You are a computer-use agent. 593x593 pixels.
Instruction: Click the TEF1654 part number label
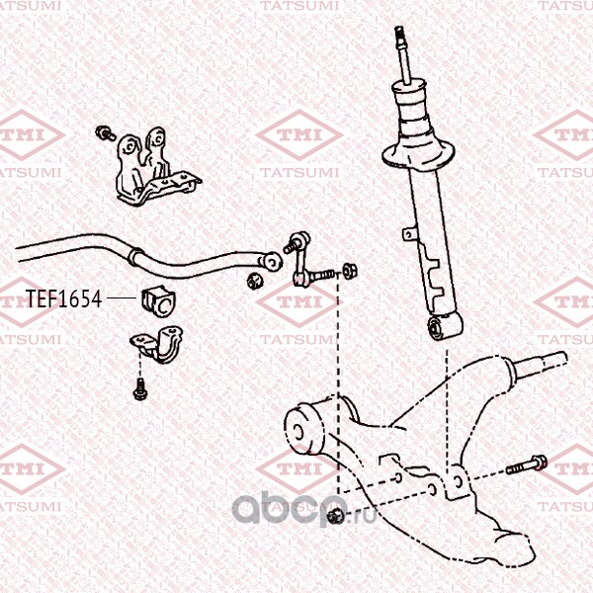click(x=63, y=299)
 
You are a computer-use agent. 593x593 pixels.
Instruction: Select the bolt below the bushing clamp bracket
click(x=140, y=388)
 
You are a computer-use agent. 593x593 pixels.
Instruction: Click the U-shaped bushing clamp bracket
click(x=157, y=343)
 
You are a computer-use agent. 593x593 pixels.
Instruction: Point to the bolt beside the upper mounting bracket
click(x=105, y=133)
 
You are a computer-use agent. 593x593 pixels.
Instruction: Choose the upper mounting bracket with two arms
click(x=155, y=166)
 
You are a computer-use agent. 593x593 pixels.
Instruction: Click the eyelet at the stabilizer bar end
click(x=271, y=261)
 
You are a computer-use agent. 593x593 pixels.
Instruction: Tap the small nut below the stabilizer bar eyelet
click(x=255, y=281)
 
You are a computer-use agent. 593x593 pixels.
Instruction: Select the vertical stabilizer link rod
click(x=301, y=261)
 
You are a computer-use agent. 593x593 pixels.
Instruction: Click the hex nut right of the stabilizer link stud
click(x=349, y=272)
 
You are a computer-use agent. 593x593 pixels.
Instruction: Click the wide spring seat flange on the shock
click(x=417, y=155)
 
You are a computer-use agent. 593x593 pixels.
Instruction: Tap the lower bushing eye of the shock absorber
click(x=436, y=327)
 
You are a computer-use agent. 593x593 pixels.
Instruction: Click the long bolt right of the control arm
click(x=527, y=466)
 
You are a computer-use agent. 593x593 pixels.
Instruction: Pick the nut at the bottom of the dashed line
click(x=336, y=516)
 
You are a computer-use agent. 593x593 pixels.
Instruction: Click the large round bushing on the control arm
click(x=303, y=428)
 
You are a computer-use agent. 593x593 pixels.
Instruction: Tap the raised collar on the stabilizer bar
click(x=135, y=256)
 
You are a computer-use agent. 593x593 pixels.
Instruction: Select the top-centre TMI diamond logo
click(x=299, y=134)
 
